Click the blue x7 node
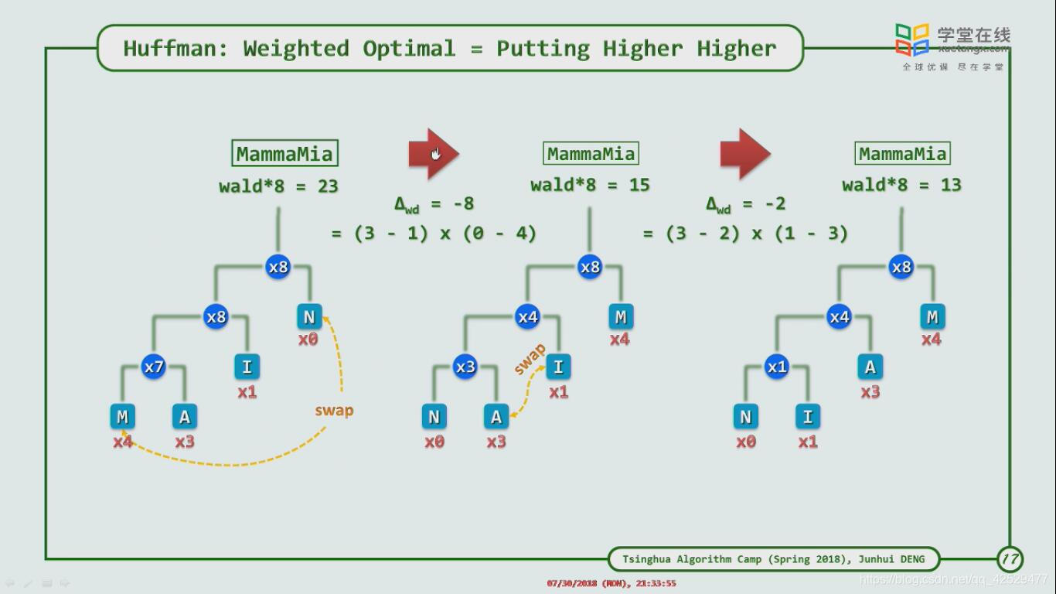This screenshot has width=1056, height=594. [x=154, y=367]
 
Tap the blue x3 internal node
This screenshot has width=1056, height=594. [x=465, y=367]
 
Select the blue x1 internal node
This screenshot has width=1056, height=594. [x=777, y=367]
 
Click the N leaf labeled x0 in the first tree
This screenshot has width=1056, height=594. [x=309, y=316]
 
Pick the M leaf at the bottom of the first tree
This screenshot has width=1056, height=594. [x=122, y=417]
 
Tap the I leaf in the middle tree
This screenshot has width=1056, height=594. [x=558, y=367]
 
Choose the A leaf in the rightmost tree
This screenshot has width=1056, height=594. [x=870, y=367]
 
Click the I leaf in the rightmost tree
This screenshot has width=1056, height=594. [x=808, y=417]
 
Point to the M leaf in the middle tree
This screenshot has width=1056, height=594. [x=620, y=316]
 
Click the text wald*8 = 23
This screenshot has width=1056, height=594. [x=278, y=186]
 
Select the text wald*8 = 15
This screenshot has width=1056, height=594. [x=590, y=185]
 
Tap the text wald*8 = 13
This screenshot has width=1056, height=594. [x=901, y=185]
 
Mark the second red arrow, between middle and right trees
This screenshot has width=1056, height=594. [x=744, y=154]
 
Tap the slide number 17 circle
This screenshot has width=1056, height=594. [x=1010, y=558]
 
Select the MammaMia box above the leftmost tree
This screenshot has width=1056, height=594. [x=284, y=153]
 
